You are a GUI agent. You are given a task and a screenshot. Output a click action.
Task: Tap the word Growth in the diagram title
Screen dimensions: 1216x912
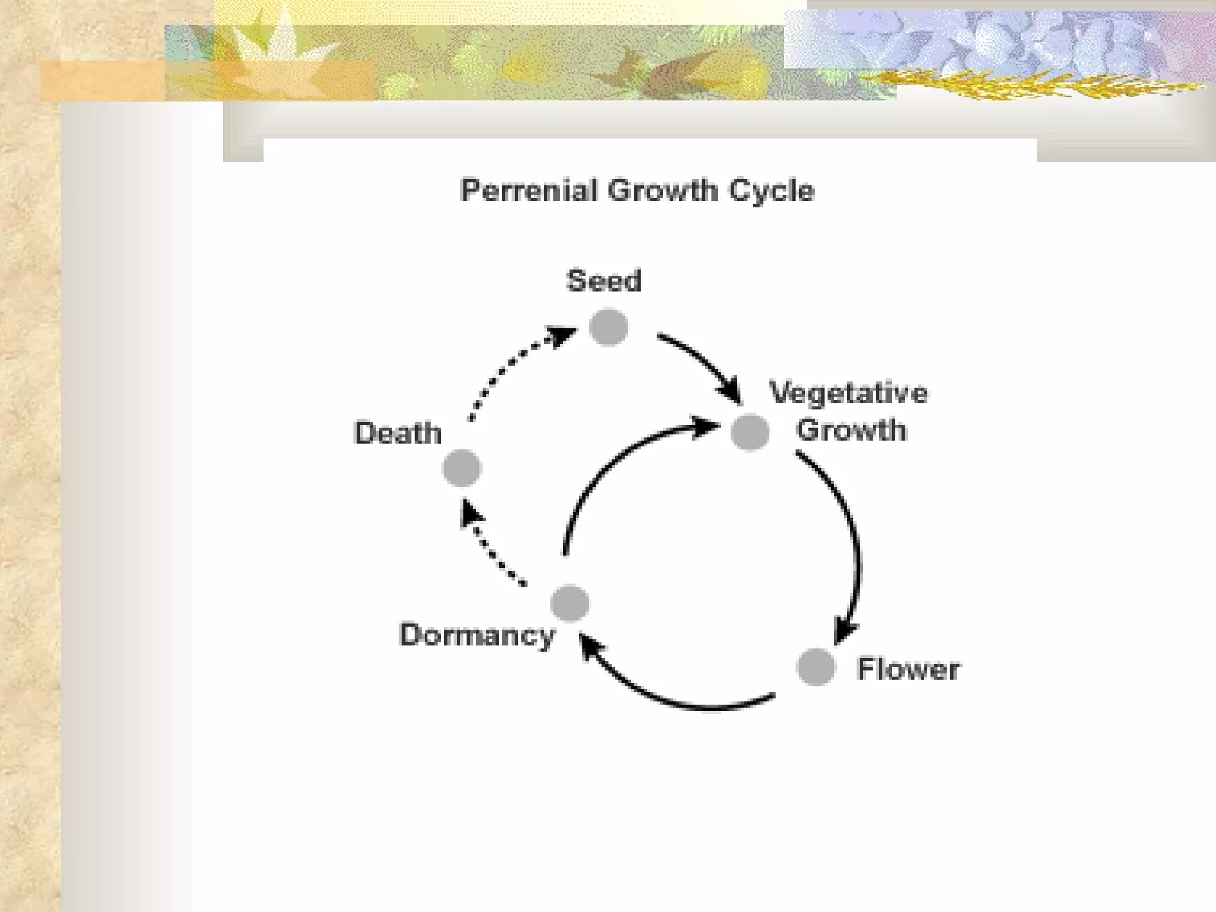click(x=662, y=191)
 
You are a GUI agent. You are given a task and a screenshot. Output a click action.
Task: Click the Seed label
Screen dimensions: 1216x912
click(x=604, y=280)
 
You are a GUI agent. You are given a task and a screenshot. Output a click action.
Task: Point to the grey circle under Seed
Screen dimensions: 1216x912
click(x=609, y=327)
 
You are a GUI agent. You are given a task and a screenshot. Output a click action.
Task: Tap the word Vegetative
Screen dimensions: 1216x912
click(x=849, y=393)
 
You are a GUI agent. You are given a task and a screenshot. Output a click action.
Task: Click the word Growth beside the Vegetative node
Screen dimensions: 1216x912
click(x=851, y=430)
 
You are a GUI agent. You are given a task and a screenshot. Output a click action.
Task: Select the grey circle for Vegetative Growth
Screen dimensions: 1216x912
click(x=750, y=432)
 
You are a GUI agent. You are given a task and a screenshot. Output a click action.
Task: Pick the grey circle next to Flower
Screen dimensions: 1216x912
click(x=816, y=667)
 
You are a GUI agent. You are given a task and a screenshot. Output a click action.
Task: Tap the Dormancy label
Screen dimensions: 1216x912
click(x=477, y=635)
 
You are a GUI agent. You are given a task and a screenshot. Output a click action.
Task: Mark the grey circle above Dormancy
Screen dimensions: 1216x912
click(x=570, y=603)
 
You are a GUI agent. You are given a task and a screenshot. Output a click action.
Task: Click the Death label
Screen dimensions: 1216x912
click(x=398, y=432)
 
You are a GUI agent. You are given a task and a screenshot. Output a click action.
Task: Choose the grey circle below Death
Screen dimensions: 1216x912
click(x=461, y=468)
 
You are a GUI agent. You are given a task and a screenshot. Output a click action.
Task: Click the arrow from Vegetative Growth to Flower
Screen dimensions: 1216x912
click(x=850, y=534)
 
